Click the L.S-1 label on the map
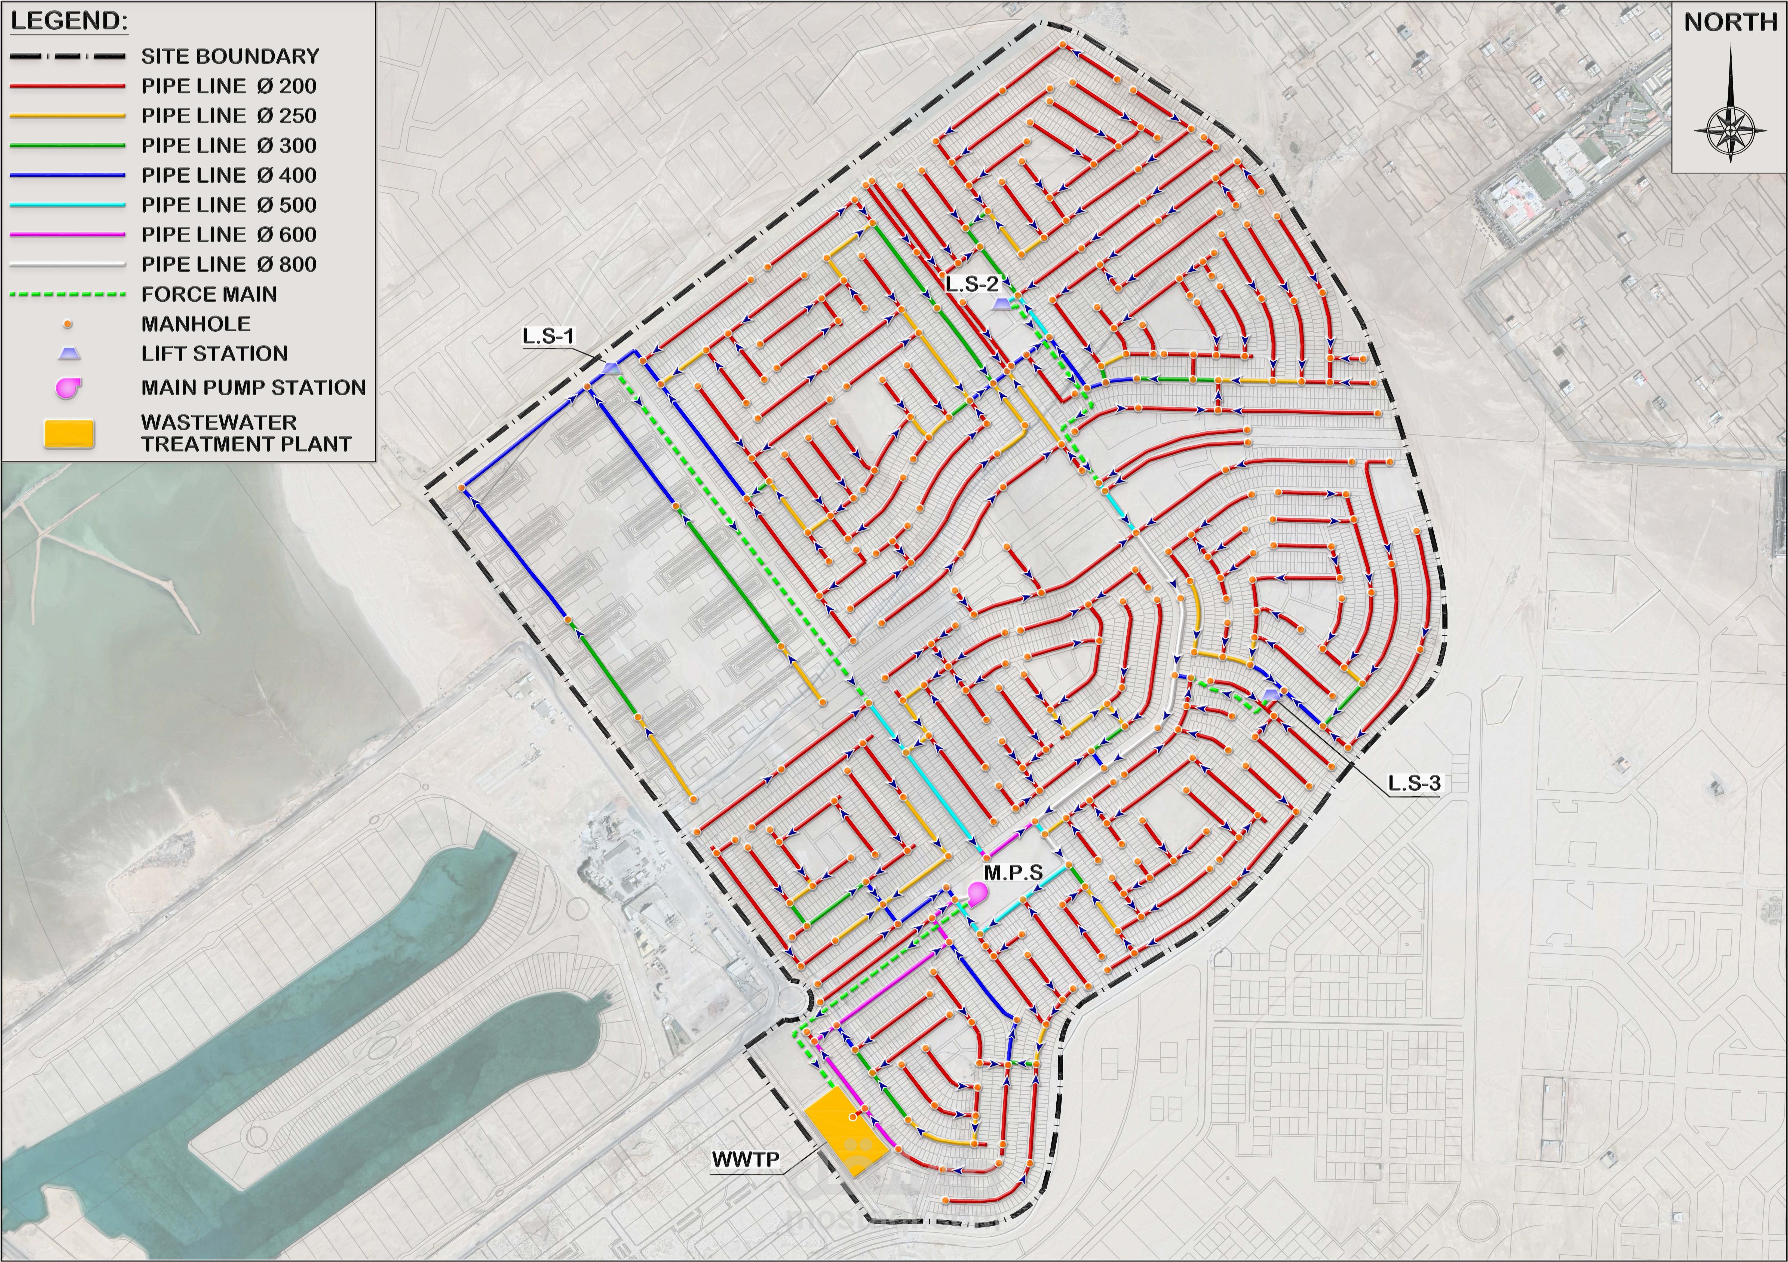tap(548, 337)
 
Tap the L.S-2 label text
tap(972, 283)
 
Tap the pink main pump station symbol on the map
tap(976, 893)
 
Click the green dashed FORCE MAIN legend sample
tap(68, 295)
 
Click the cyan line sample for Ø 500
tap(68, 205)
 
